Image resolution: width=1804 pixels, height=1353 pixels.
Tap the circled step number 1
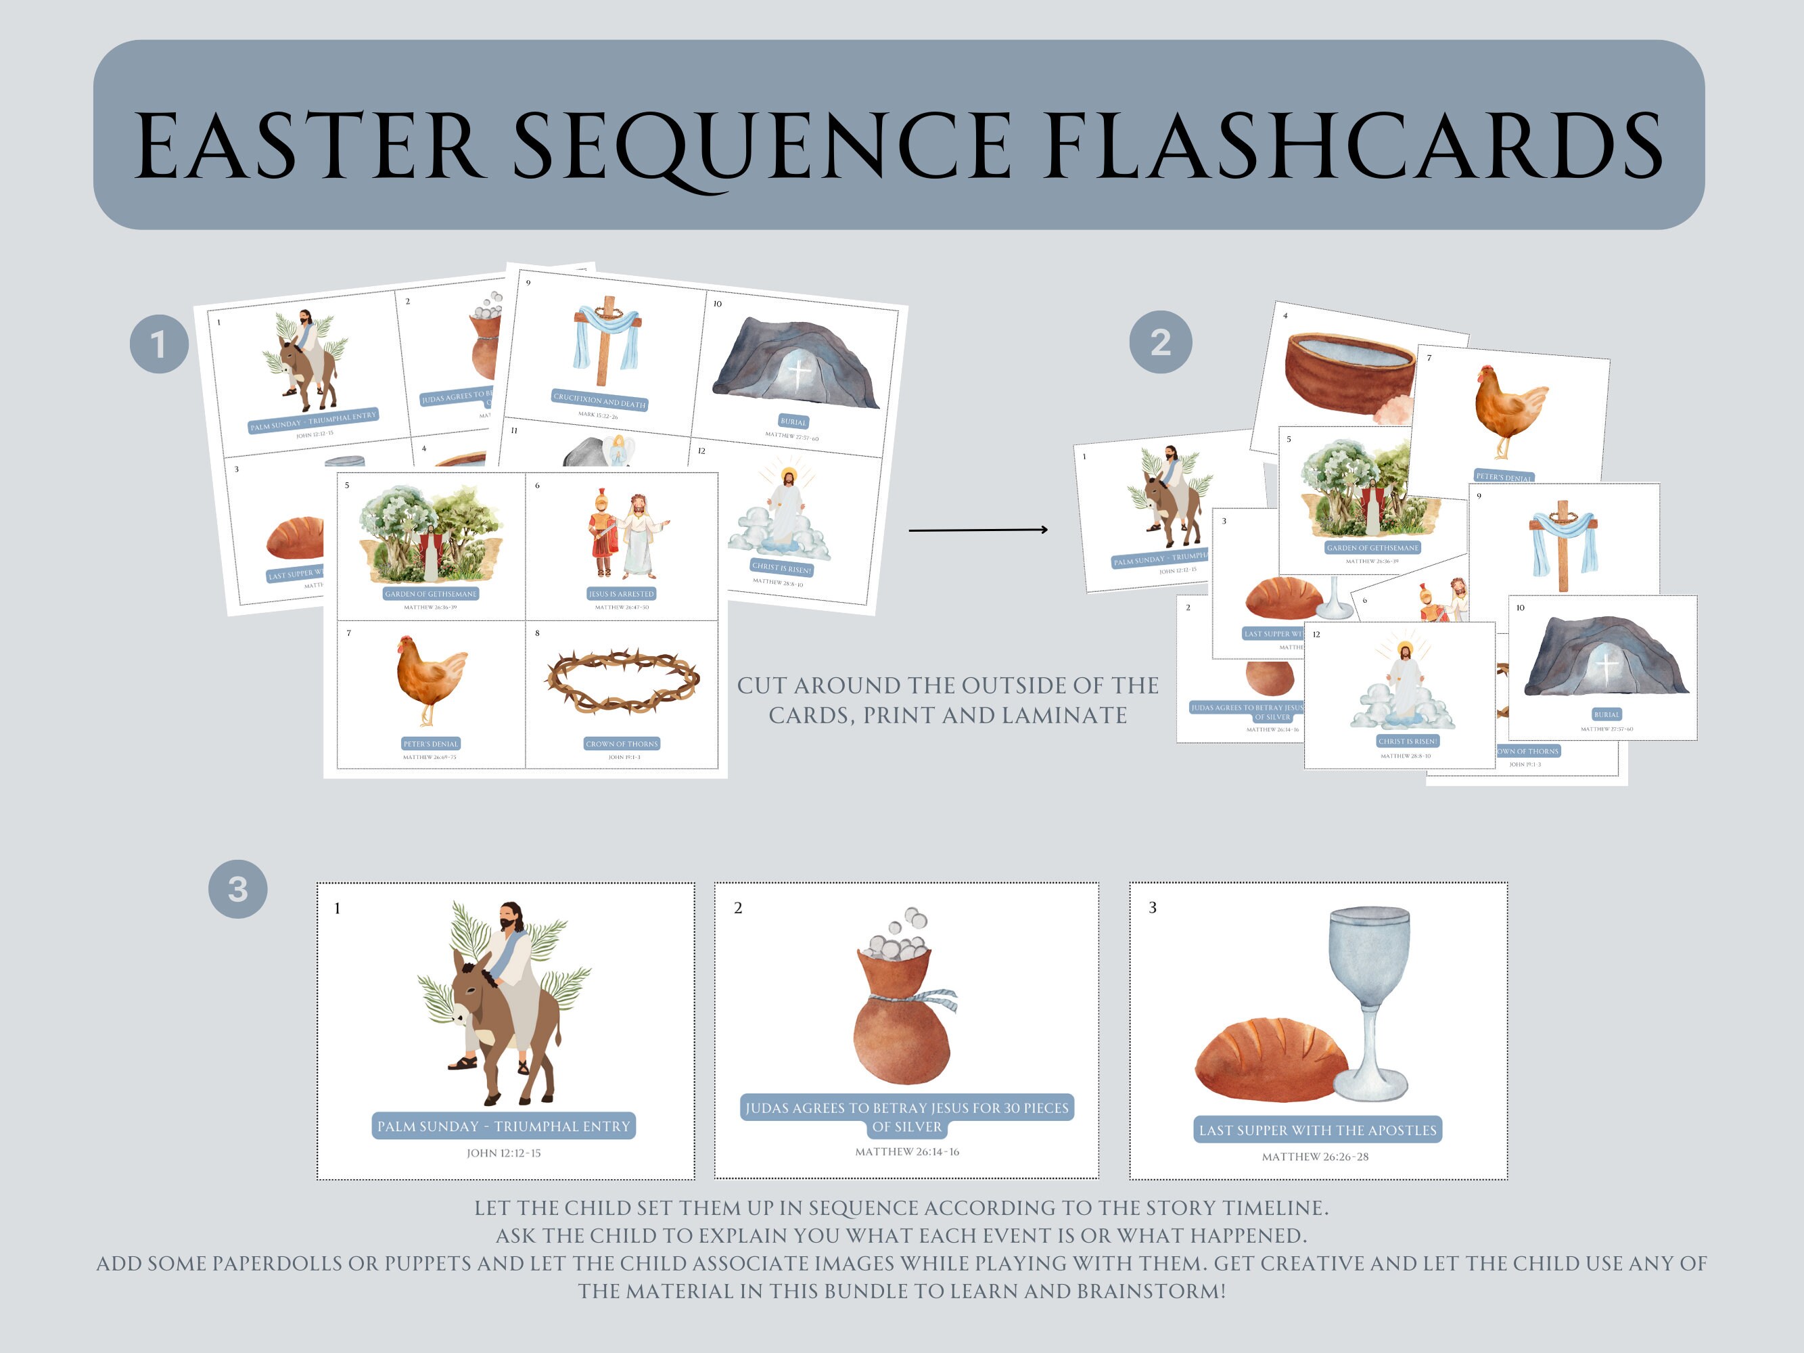[x=159, y=344]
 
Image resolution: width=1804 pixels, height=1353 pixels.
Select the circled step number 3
[x=237, y=889]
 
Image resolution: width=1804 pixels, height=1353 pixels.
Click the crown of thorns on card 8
[x=622, y=681]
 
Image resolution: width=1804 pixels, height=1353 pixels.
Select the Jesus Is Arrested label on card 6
[x=622, y=594]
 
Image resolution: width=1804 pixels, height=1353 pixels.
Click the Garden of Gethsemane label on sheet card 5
[x=431, y=594]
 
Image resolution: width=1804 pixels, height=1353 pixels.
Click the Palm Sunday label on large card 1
[x=503, y=1126]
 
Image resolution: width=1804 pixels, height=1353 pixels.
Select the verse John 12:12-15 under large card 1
[x=503, y=1153]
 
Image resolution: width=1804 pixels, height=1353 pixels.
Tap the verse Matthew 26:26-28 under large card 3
[x=1315, y=1156]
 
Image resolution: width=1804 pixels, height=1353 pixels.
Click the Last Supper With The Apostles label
[x=1317, y=1130]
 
